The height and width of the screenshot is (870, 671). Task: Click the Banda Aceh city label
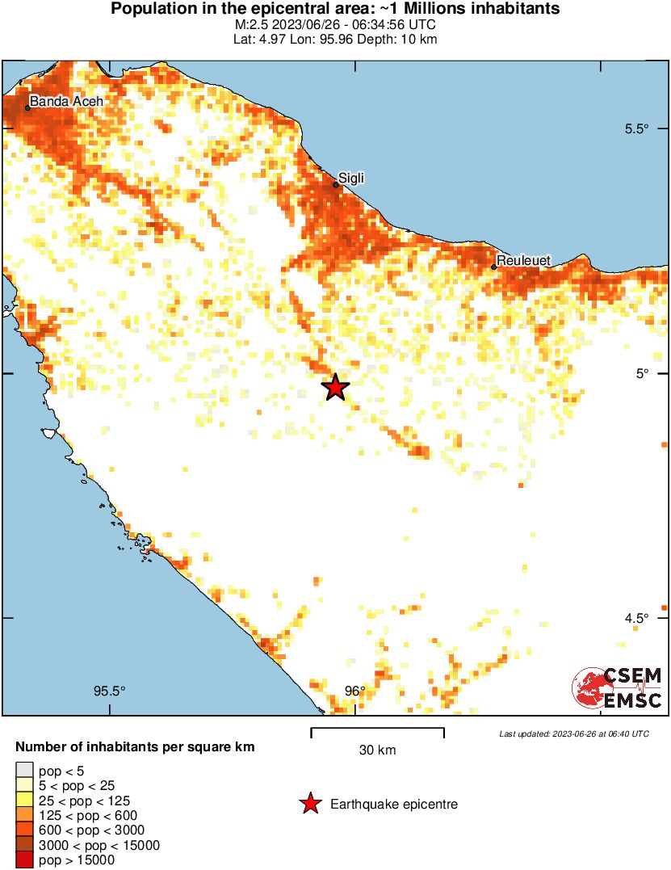pos(66,101)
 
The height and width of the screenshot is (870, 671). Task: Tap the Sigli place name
pos(351,177)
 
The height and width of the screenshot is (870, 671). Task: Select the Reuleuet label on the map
pos(523,260)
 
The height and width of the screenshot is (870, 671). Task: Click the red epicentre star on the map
pos(336,388)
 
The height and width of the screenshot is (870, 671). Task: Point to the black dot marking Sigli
pos(336,185)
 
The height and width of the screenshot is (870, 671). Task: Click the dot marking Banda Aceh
pos(27,107)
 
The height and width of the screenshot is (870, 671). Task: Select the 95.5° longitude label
pos(110,691)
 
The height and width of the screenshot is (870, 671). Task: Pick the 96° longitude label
pos(355,691)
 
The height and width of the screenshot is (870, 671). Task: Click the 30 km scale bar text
pos(377,750)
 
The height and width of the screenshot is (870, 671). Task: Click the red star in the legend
pos(309,804)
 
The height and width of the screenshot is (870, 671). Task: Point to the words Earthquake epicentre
pos(394,805)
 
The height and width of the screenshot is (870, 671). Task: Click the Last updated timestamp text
pos(574,733)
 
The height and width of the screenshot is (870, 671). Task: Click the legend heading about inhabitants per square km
pos(136,747)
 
